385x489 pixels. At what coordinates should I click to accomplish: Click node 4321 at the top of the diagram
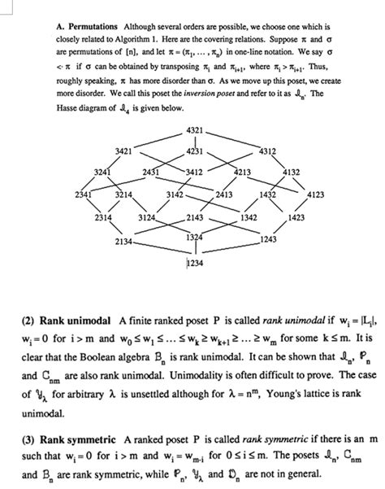click(x=194, y=132)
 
